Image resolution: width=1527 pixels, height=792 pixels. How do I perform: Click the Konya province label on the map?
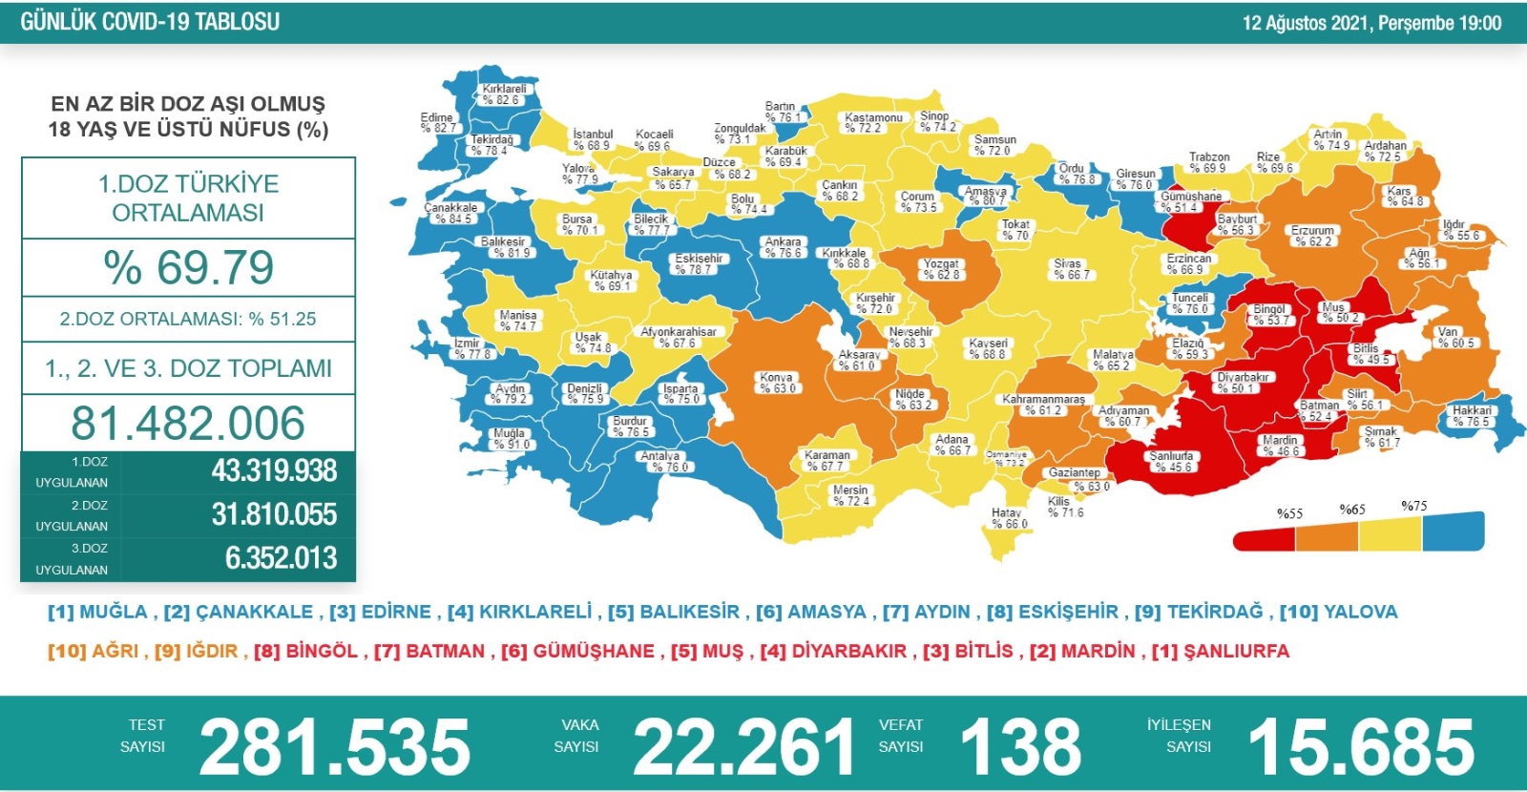point(777,383)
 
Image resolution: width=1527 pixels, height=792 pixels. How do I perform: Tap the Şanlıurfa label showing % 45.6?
point(1172,462)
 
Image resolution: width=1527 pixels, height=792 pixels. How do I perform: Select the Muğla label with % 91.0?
point(511,439)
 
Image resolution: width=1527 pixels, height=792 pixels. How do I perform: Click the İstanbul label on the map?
point(593,140)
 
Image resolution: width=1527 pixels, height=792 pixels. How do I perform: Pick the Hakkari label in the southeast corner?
point(1471,416)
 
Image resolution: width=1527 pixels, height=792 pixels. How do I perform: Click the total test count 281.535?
point(334,747)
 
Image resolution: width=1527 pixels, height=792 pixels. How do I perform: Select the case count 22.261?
point(743,747)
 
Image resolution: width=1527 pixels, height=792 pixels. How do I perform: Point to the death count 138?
point(1020,747)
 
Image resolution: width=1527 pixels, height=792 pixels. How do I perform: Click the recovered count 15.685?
point(1361,747)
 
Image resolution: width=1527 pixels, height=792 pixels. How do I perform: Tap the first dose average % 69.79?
point(189,267)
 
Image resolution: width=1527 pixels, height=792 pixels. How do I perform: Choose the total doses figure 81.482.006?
point(188,423)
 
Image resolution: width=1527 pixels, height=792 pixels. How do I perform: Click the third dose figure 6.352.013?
point(281,558)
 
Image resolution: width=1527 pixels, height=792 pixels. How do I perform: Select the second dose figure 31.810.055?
point(274,515)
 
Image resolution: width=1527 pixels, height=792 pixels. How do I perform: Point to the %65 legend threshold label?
point(1352,510)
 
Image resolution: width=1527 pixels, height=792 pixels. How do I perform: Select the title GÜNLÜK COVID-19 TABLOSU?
point(150,22)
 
